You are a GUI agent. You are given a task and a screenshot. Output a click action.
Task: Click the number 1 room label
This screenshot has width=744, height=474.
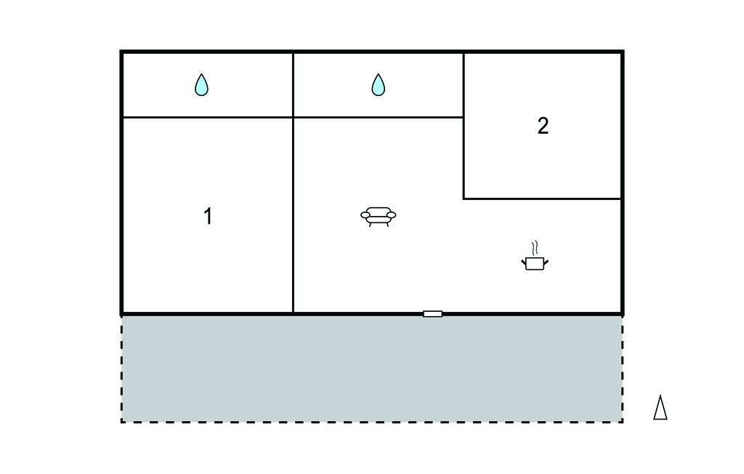(x=208, y=216)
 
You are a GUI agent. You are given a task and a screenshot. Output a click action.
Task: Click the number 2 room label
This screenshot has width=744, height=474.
(x=543, y=126)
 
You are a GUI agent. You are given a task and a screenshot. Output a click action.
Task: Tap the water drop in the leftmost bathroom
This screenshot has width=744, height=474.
(x=202, y=85)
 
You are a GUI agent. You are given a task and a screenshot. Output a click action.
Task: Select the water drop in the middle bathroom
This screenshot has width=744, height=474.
(x=378, y=85)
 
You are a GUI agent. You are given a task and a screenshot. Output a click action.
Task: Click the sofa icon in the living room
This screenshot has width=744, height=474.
(x=378, y=217)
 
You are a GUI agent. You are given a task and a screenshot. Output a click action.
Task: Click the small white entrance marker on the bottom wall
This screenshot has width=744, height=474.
(x=433, y=314)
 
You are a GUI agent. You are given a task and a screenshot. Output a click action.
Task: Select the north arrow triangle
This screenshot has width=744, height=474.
(x=660, y=408)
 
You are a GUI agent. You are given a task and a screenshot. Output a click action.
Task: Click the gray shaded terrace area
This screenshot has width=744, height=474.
(x=372, y=369)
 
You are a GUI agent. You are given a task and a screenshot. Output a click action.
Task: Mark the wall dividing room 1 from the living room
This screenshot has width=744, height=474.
(x=294, y=215)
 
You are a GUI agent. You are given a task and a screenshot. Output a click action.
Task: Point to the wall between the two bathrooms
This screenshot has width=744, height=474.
(x=294, y=85)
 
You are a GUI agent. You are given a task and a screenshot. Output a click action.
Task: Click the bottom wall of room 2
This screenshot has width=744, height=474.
(x=542, y=198)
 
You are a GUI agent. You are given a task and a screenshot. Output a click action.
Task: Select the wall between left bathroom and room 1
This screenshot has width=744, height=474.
(x=208, y=117)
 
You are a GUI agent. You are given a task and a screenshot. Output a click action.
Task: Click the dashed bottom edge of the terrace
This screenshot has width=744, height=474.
(x=372, y=422)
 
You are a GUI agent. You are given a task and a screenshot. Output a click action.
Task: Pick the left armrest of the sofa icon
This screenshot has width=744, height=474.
(x=365, y=215)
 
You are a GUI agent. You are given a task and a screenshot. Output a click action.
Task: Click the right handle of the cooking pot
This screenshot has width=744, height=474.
(x=546, y=262)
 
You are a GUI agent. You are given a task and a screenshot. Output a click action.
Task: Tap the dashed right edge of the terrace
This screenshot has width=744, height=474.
(x=622, y=369)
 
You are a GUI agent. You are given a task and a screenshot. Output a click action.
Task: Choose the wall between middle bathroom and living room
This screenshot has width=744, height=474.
(x=378, y=117)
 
